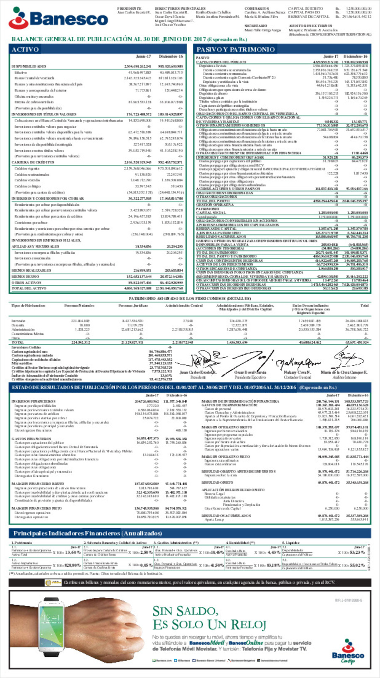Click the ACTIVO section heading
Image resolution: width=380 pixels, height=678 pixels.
[x=25, y=49]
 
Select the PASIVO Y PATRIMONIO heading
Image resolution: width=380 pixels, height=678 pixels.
[x=236, y=49]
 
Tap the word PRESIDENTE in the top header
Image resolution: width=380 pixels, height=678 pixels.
[x=129, y=8]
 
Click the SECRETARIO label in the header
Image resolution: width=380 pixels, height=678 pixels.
[x=256, y=26]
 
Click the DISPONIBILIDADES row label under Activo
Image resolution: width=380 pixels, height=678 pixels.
[x=29, y=66]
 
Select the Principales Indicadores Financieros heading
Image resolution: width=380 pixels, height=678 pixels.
[x=88, y=533]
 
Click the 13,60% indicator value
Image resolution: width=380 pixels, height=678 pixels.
[x=73, y=552]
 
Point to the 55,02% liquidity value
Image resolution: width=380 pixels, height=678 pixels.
[x=357, y=565]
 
